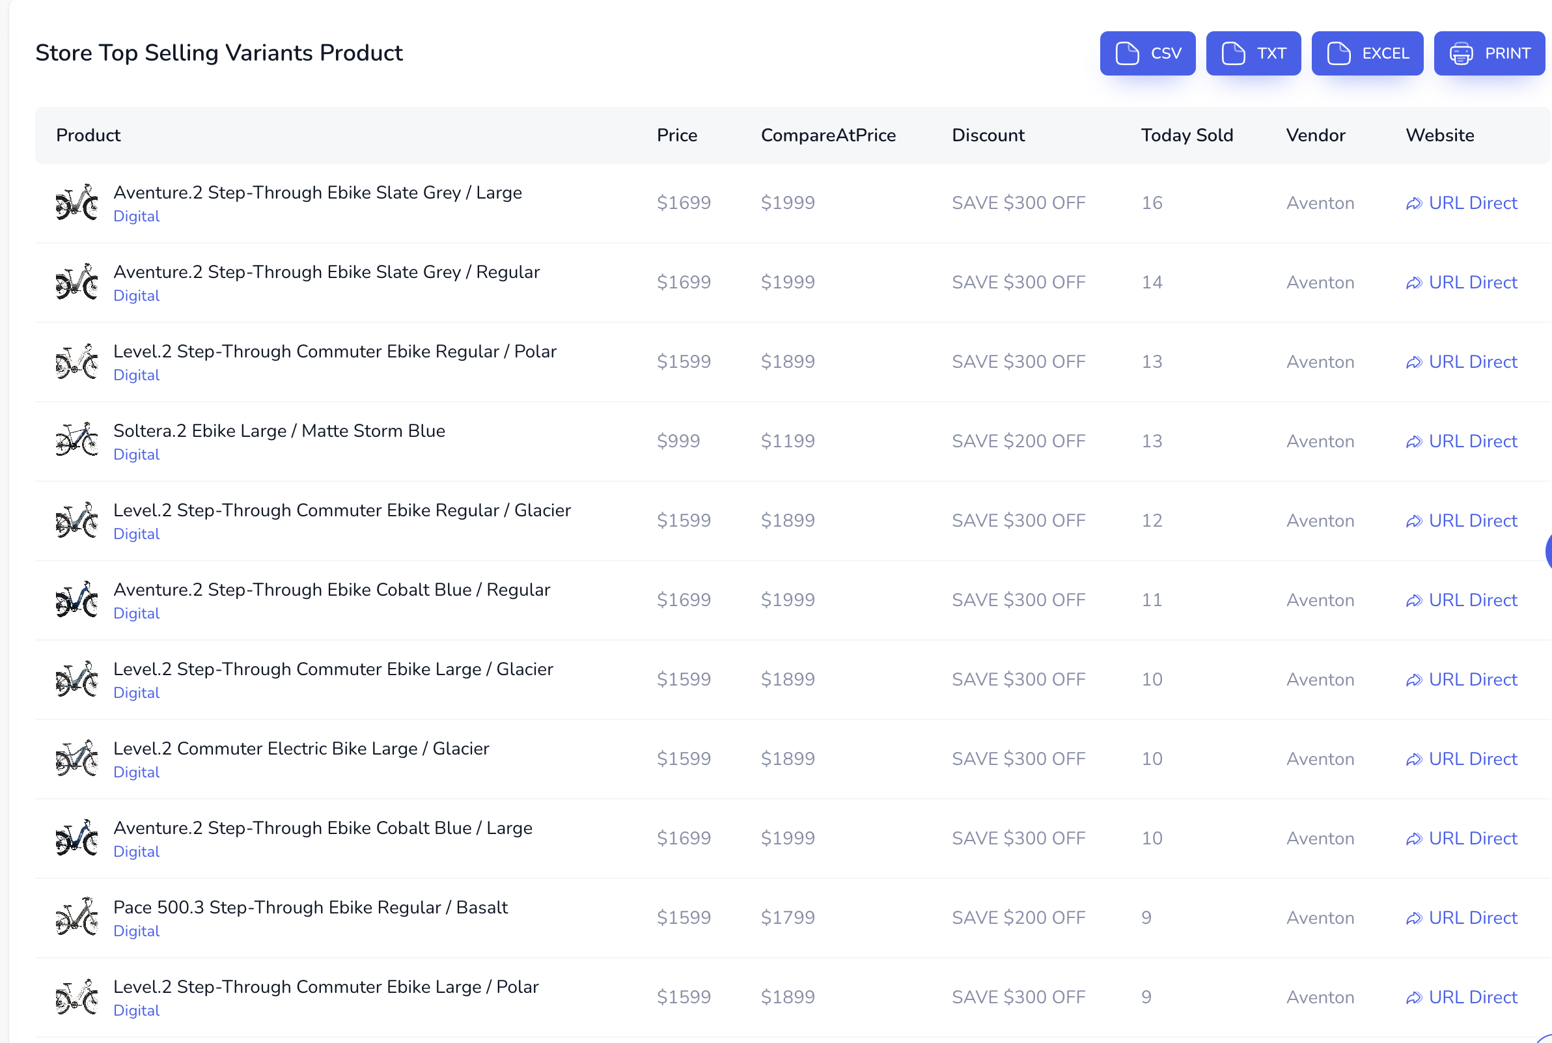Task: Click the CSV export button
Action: (x=1147, y=53)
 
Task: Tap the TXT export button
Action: (x=1253, y=53)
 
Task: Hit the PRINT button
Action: (x=1489, y=53)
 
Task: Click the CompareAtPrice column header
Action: (x=828, y=135)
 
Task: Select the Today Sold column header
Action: (x=1187, y=135)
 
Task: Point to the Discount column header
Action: (x=988, y=135)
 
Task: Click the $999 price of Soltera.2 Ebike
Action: (x=678, y=441)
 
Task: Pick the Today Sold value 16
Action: (x=1152, y=203)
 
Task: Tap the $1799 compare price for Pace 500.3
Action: (x=787, y=917)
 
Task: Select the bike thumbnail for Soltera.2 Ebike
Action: (x=76, y=439)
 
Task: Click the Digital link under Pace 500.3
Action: (x=136, y=931)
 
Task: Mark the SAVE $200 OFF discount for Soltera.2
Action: (x=1018, y=441)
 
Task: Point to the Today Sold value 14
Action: (x=1152, y=282)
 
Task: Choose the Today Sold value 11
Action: (x=1152, y=600)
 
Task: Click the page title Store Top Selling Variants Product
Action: (x=219, y=53)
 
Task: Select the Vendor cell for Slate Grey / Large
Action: (x=1320, y=203)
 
